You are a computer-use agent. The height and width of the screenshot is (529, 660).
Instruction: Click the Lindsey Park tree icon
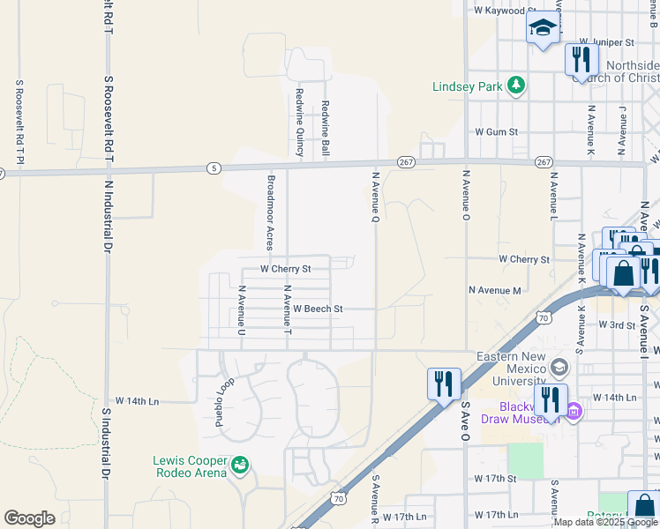tap(516, 86)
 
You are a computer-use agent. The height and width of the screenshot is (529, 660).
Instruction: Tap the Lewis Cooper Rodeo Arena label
tap(190, 466)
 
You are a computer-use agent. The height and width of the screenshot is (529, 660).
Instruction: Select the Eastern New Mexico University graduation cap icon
tap(558, 366)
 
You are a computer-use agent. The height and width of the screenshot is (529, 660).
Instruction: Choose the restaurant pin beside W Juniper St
tap(581, 59)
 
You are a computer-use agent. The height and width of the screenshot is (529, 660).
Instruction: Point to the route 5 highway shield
tap(214, 168)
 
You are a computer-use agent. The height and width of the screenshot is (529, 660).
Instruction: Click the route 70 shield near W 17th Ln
tap(339, 499)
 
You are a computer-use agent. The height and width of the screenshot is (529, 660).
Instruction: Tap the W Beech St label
tap(317, 309)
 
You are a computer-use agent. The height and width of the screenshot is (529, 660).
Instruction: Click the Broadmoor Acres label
tap(269, 212)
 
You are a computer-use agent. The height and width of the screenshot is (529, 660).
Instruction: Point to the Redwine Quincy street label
tap(300, 123)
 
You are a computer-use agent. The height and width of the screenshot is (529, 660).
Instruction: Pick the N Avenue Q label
tap(374, 197)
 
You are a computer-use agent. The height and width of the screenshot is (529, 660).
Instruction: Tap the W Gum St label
tap(495, 131)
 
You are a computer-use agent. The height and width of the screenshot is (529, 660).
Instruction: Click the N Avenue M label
tap(494, 290)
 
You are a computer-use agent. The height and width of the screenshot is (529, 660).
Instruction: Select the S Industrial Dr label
tap(106, 443)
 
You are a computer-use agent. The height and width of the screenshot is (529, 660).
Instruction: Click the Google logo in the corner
tap(29, 518)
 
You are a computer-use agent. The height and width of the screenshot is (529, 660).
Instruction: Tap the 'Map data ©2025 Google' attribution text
tap(604, 522)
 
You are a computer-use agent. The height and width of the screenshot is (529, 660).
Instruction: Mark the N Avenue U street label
tap(241, 310)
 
